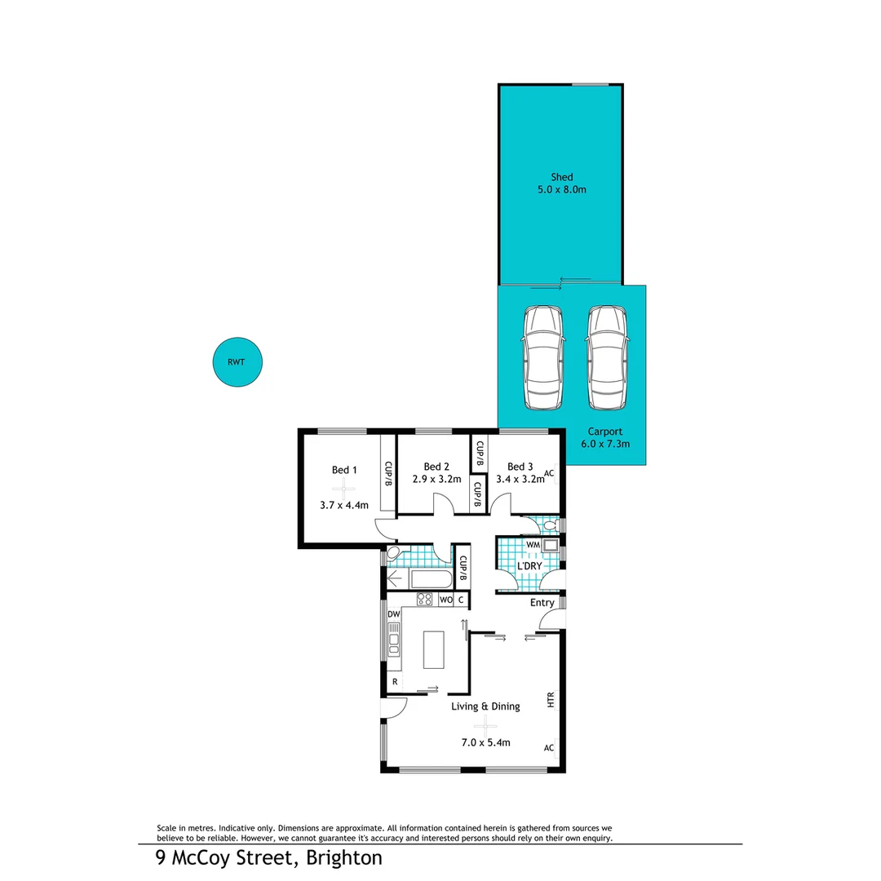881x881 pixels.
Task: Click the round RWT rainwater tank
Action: (238, 362)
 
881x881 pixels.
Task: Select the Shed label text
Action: (561, 177)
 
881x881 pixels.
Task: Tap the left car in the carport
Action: (543, 358)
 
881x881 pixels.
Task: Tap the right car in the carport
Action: (606, 358)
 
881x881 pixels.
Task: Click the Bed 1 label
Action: (344, 470)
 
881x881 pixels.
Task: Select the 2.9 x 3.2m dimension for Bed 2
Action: (436, 480)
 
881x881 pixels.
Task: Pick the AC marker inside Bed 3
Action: (549, 473)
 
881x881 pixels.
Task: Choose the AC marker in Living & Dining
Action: (549, 747)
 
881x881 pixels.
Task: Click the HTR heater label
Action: (551, 700)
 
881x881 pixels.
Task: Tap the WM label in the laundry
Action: (533, 544)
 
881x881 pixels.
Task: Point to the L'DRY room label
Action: (530, 566)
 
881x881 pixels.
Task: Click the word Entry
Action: (542, 603)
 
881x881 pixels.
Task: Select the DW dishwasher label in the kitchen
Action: (393, 614)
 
